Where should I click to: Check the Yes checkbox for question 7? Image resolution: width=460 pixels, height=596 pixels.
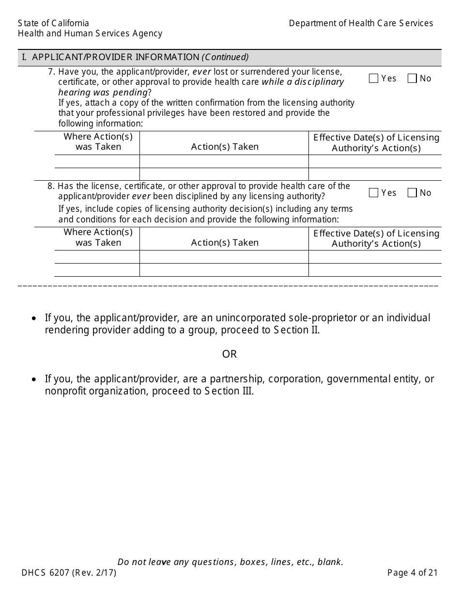[x=373, y=78]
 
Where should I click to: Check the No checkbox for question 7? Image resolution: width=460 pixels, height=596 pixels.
[x=412, y=78]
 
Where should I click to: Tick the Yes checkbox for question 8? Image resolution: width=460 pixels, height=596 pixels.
[x=373, y=193]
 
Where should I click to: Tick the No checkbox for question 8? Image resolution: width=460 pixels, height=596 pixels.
[x=412, y=193]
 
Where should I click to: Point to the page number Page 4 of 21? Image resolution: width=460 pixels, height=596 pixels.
[x=413, y=573]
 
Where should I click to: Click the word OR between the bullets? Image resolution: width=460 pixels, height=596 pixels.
[x=230, y=354]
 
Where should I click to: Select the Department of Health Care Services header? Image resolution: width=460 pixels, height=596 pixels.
[x=361, y=23]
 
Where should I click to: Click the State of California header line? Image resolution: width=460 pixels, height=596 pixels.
[x=54, y=23]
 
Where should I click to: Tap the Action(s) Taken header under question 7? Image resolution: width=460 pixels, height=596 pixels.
[x=225, y=147]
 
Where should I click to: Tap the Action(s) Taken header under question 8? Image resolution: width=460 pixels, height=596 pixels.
[x=225, y=243]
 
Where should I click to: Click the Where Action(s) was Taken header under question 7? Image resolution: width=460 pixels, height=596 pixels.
[x=98, y=142]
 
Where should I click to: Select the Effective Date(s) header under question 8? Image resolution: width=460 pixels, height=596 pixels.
[x=376, y=238]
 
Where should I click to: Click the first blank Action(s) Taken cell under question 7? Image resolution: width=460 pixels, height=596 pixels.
[x=224, y=161]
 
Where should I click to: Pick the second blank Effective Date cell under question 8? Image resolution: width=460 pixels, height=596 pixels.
[x=375, y=270]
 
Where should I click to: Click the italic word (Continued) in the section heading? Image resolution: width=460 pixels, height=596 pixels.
[x=225, y=57]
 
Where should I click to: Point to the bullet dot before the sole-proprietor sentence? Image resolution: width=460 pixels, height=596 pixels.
[x=33, y=319]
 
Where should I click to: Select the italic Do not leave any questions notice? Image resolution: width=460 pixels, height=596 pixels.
[x=230, y=562]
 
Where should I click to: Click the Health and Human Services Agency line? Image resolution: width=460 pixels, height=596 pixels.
[x=90, y=33]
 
